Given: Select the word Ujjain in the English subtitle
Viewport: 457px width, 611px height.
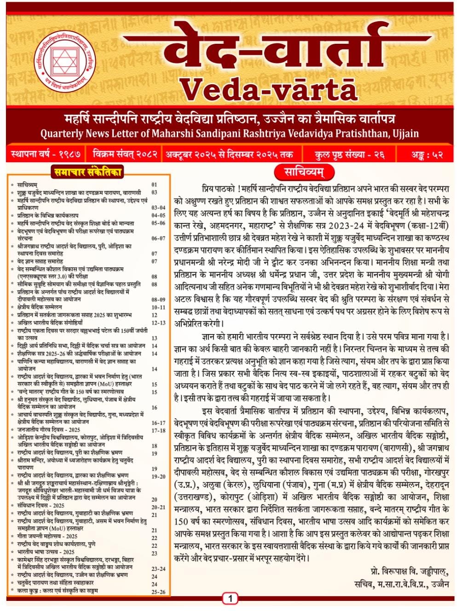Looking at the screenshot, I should click(x=405, y=134).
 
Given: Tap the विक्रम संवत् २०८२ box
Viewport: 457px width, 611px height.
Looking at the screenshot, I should click(x=125, y=154).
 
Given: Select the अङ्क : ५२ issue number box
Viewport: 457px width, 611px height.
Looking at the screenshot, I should click(x=427, y=154).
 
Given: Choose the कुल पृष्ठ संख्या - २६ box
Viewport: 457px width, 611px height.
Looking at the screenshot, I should click(x=350, y=154).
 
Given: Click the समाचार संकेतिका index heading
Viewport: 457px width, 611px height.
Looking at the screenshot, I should click(x=87, y=172).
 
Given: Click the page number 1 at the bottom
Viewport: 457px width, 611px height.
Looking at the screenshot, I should click(x=230, y=599).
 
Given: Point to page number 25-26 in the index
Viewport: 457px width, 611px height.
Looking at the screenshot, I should click(x=158, y=592).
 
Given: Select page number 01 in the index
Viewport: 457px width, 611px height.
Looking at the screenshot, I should click(x=155, y=185).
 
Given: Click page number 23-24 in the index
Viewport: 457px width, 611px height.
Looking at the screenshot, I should click(x=158, y=569).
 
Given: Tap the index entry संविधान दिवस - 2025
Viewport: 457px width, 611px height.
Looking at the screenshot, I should click(x=41, y=505).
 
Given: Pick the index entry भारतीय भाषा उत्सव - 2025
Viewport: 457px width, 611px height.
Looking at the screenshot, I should click(x=46, y=552).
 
